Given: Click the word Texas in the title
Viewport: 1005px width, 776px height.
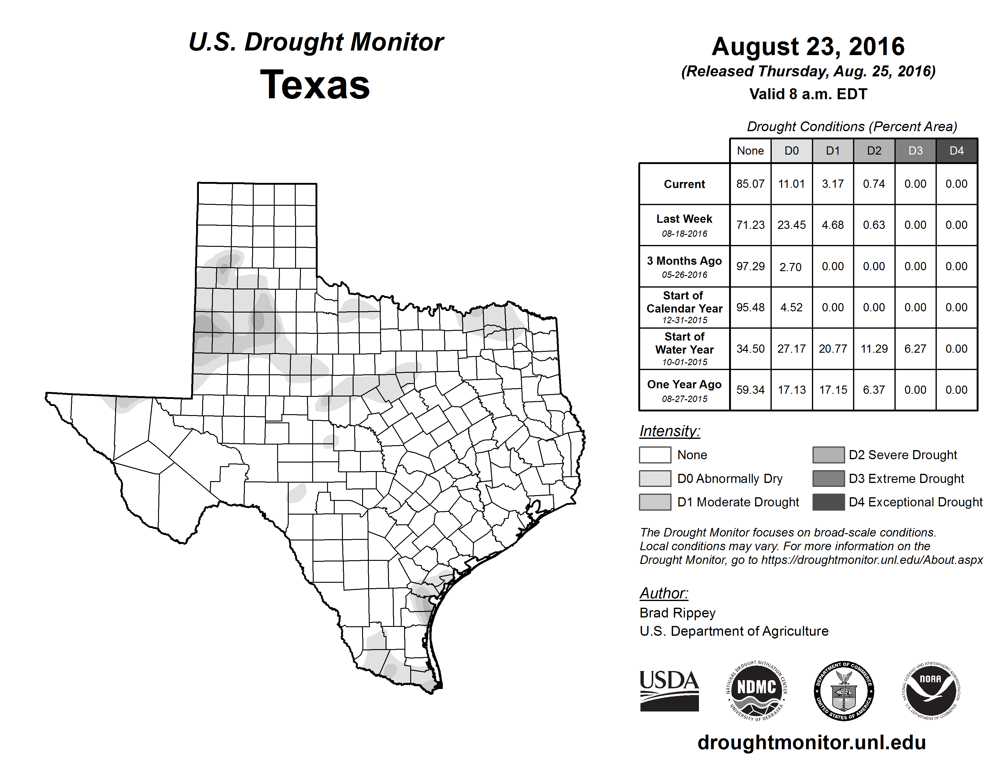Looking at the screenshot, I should [x=315, y=85].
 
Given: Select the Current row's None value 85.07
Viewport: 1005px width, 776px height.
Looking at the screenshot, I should [x=750, y=184].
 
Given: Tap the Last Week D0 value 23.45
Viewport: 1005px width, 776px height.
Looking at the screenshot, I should [x=792, y=225].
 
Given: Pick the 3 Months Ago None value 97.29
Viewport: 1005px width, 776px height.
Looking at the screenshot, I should [x=750, y=266].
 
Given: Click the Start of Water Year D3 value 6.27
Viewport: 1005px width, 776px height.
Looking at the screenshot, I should [x=915, y=348].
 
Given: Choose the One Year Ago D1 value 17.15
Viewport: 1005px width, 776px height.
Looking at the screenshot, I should [x=833, y=390].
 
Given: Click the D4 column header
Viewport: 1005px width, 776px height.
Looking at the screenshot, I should [x=956, y=151].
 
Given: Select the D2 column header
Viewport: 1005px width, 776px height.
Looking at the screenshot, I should [x=874, y=151].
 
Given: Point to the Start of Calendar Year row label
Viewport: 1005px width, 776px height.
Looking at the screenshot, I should [x=684, y=307].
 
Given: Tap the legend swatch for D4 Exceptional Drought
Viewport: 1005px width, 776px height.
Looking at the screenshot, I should [x=828, y=502].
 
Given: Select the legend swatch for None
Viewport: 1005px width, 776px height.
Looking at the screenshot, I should [x=655, y=455].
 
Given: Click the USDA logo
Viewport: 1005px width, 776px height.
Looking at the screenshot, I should [x=669, y=690].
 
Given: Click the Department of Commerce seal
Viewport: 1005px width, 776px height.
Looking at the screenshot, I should [x=844, y=690].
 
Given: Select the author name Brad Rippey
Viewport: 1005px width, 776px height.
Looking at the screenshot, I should [x=677, y=613].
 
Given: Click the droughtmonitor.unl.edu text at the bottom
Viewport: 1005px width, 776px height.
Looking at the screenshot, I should [x=812, y=743].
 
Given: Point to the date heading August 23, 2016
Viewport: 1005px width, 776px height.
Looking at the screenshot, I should [x=808, y=47].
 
